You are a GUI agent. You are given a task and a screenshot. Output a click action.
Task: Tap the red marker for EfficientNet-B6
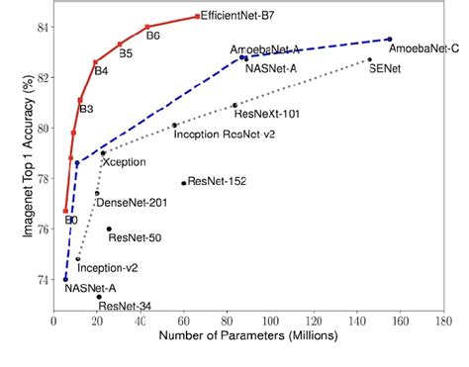(147, 27)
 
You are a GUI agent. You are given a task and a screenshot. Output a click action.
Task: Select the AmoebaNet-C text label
(423, 47)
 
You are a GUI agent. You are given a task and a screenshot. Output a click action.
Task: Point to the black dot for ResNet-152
(183, 183)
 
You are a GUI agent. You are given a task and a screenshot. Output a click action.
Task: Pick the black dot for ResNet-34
(99, 296)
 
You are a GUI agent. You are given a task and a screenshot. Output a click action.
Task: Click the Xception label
(124, 161)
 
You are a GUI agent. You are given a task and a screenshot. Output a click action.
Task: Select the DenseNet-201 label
(131, 203)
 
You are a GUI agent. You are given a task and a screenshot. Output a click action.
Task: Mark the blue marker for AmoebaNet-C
(389, 40)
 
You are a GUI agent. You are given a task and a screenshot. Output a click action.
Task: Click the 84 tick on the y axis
(43, 27)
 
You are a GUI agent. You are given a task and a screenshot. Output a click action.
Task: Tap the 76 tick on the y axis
(43, 229)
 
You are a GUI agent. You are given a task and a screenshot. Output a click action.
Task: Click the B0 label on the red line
(71, 220)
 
